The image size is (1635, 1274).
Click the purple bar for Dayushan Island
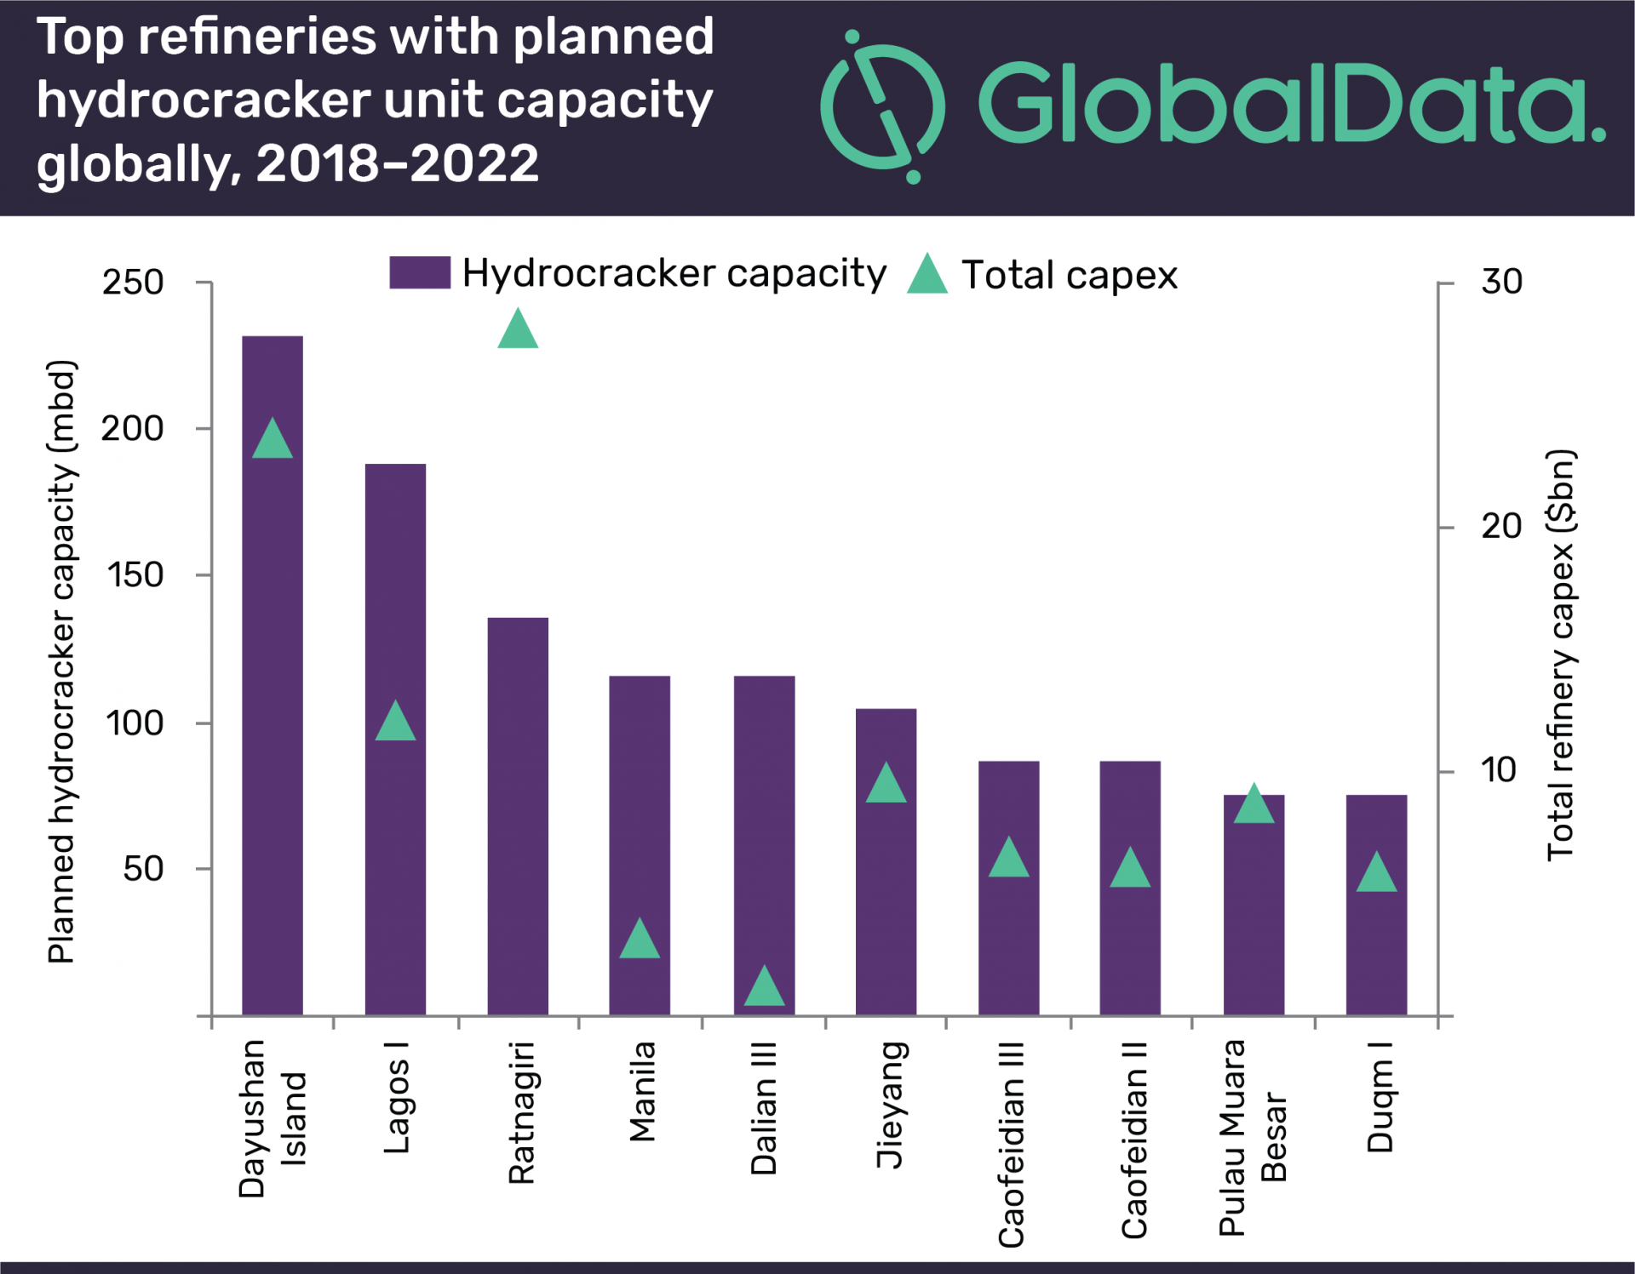click(x=272, y=681)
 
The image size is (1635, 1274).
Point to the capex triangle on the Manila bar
click(x=640, y=940)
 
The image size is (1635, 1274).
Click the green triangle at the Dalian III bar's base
click(x=764, y=987)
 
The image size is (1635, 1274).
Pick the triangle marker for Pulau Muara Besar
click(x=1253, y=805)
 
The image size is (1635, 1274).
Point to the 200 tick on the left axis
click(x=133, y=429)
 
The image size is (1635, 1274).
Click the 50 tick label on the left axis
click(x=143, y=870)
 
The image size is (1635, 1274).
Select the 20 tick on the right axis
click(x=1501, y=527)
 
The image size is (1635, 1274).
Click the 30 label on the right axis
click(x=1501, y=282)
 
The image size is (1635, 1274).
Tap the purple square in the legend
click(x=420, y=273)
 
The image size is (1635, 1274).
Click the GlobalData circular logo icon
click(x=882, y=107)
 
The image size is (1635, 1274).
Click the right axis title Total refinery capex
click(x=1561, y=655)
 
